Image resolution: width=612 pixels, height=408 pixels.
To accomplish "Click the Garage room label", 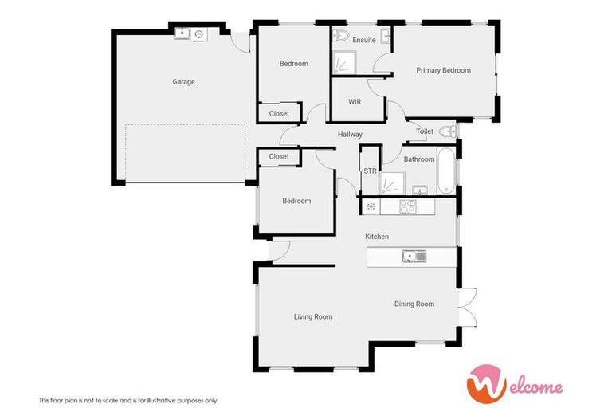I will (183, 81).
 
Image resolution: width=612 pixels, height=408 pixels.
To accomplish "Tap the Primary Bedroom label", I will (443, 70).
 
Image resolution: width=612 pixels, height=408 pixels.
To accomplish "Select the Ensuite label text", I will (364, 40).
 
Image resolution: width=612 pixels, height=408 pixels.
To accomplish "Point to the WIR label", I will (355, 102).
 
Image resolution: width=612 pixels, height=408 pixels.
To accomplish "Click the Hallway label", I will (350, 134).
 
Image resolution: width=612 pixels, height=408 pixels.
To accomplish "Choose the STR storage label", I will (370, 171).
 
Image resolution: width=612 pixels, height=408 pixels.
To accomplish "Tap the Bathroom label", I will (418, 159).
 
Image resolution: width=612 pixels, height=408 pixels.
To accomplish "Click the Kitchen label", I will (377, 237).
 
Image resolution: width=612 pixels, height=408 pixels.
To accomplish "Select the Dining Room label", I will (414, 304).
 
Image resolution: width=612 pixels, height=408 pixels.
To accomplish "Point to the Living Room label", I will (313, 316).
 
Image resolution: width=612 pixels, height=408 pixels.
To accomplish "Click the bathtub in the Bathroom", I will (446, 169).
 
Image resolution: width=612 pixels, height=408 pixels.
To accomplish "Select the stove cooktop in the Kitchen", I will (407, 206).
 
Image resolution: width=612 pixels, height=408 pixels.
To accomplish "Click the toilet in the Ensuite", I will (341, 35).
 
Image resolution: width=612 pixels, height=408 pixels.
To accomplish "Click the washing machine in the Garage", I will (198, 34).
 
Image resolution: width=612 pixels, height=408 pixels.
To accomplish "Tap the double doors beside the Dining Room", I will (468, 307).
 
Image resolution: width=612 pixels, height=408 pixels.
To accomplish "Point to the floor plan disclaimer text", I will (128, 400).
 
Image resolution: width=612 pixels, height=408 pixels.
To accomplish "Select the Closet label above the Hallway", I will (279, 114).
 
